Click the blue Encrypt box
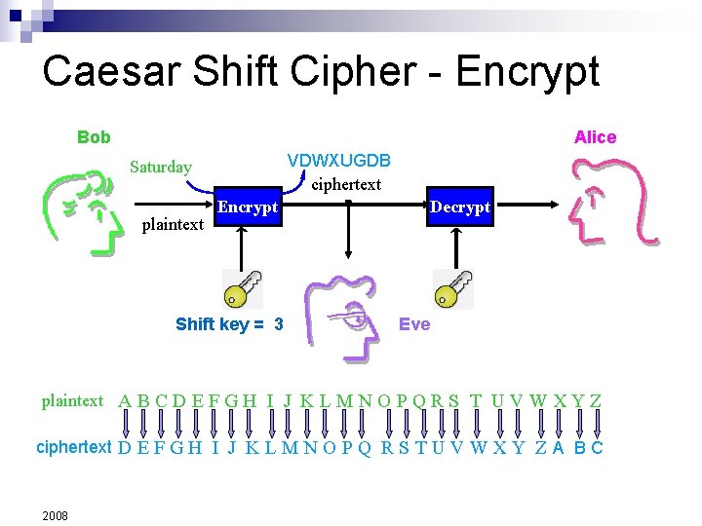[x=247, y=207]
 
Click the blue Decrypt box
[x=459, y=207]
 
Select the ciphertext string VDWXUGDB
[x=338, y=160]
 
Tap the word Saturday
[x=161, y=167]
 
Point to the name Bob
[x=94, y=137]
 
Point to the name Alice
[x=595, y=137]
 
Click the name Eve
[x=414, y=323]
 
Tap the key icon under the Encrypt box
[x=242, y=288]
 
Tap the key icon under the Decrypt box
[x=453, y=288]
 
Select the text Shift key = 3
[x=229, y=324]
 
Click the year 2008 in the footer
[x=55, y=514]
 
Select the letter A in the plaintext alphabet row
[x=125, y=400]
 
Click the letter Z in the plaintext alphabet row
[x=595, y=400]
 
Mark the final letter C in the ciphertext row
[x=597, y=448]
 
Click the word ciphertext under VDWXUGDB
[x=346, y=183]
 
